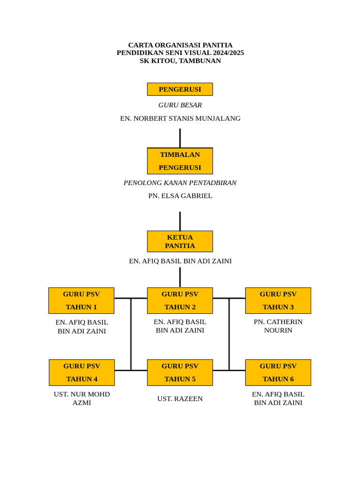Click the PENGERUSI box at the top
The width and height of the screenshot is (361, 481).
click(x=180, y=89)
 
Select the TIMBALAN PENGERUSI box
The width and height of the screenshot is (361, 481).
click(x=180, y=161)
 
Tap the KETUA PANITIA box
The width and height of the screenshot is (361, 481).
click(x=180, y=241)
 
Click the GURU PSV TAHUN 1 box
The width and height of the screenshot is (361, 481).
click(x=81, y=301)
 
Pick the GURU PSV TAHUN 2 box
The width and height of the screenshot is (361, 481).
click(x=180, y=301)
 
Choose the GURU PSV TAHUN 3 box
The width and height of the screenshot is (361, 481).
click(x=278, y=301)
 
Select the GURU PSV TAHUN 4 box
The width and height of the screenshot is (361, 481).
click(x=82, y=372)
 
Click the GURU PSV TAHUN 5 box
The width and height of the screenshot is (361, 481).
click(x=180, y=372)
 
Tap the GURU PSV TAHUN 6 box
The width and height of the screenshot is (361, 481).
click(x=278, y=372)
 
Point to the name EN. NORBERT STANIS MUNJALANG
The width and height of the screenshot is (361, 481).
click(x=180, y=118)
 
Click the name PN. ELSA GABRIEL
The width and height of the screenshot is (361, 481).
click(x=180, y=196)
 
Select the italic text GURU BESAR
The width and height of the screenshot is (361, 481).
click(x=180, y=105)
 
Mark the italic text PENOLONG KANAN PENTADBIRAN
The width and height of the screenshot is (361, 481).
click(x=180, y=183)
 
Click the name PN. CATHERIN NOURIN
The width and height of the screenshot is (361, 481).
click(x=278, y=326)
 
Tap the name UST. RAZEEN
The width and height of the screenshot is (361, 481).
click(x=180, y=399)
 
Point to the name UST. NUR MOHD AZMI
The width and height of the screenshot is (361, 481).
click(x=82, y=398)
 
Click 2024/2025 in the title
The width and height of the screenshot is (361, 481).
click(x=228, y=53)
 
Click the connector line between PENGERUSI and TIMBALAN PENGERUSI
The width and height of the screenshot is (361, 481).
click(x=180, y=138)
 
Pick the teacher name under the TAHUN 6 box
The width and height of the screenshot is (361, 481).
click(x=278, y=398)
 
